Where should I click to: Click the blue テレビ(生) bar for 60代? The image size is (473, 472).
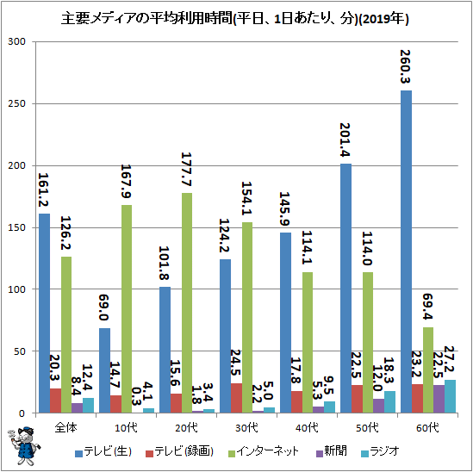pyautogui.click(x=406, y=252)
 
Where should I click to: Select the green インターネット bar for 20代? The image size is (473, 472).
pyautogui.click(x=187, y=303)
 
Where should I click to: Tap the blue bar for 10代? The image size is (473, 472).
pyautogui.click(x=104, y=370)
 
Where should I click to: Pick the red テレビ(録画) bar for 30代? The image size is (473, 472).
pyautogui.click(x=236, y=398)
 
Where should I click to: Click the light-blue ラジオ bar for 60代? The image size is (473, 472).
pyautogui.click(x=450, y=396)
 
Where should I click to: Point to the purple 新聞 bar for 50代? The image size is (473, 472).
pyautogui.click(x=378, y=406)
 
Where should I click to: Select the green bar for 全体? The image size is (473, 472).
pyautogui.click(x=66, y=335)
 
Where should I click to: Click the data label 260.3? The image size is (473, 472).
pyautogui.click(x=405, y=66)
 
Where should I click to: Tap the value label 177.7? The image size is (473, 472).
pyautogui.click(x=186, y=169)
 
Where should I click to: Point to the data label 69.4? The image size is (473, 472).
pyautogui.click(x=427, y=306)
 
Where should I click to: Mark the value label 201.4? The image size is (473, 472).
pyautogui.click(x=345, y=140)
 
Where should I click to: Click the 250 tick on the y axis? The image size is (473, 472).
pyautogui.click(x=17, y=103)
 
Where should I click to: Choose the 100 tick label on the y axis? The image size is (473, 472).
pyautogui.click(x=17, y=289)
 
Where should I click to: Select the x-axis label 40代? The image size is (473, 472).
pyautogui.click(x=307, y=428)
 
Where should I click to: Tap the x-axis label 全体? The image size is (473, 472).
pyautogui.click(x=66, y=428)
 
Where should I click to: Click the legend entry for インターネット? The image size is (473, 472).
pyautogui.click(x=264, y=451)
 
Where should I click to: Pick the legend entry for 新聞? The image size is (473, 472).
pyautogui.click(x=331, y=451)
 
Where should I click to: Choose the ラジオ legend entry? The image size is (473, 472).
pyautogui.click(x=380, y=451)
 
